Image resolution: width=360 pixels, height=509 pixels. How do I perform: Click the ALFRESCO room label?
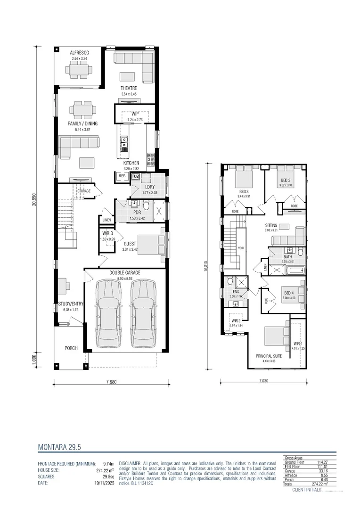click(80, 53)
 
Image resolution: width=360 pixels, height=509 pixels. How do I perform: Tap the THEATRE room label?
click(129, 89)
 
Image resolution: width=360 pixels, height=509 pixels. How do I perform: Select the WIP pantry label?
click(135, 114)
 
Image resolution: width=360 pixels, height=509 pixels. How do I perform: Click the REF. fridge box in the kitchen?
click(122, 176)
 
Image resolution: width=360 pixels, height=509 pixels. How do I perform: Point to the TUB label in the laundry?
click(135, 177)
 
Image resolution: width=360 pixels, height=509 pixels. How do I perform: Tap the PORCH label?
click(71, 348)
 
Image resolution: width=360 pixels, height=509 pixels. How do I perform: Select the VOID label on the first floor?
click(241, 247)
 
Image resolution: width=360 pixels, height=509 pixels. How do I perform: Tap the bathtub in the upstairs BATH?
click(295, 271)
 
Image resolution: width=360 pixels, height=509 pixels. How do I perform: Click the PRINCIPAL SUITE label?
click(269, 356)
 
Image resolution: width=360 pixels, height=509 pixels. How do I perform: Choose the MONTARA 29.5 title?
click(62, 446)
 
